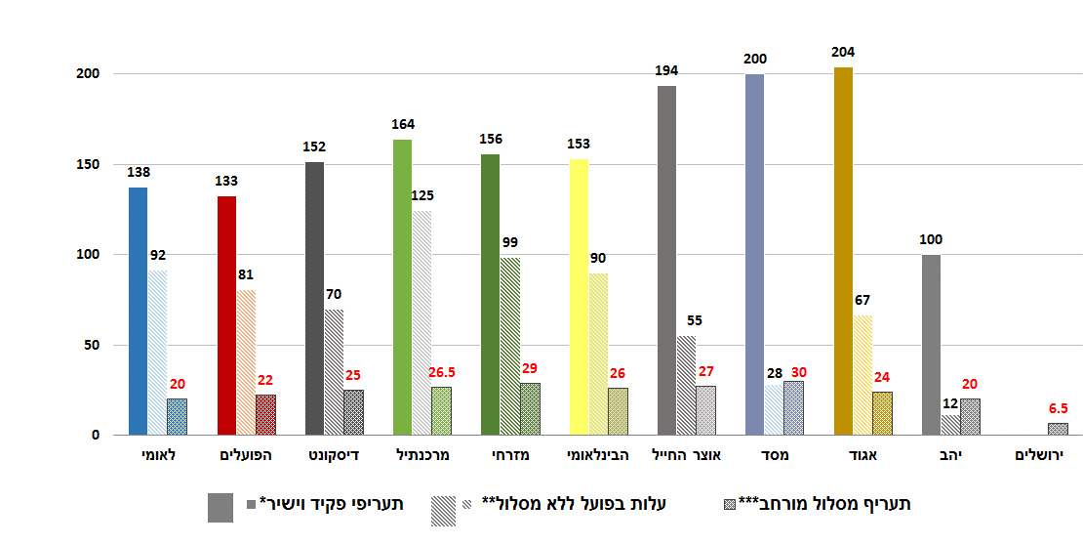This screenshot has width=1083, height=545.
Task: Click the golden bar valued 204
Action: tap(843, 251)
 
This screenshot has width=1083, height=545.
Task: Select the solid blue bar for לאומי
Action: tap(138, 311)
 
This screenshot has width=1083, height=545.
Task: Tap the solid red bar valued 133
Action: tap(226, 315)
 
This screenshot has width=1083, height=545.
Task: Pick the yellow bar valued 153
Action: tap(579, 297)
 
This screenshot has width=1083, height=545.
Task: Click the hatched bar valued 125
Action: tap(421, 322)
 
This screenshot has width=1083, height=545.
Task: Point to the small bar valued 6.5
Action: tap(1058, 429)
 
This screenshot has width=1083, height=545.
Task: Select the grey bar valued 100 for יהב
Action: tap(931, 345)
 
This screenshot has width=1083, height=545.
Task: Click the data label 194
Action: tap(666, 71)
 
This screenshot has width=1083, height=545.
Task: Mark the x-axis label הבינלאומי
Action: tap(597, 455)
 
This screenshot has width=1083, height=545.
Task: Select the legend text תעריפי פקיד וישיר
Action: tap(337, 504)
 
